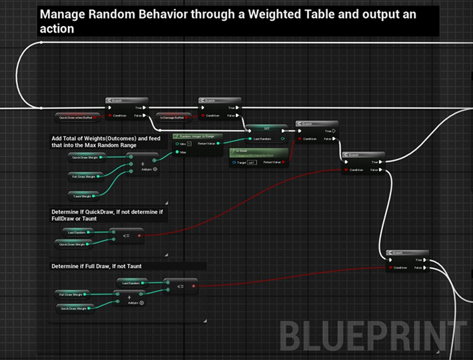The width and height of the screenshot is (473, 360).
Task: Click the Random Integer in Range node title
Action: click(195, 135)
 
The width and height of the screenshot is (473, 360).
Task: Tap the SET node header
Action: click(266, 127)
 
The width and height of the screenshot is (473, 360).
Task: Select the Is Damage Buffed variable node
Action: click(171, 117)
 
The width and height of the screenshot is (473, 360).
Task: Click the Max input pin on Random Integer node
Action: click(177, 152)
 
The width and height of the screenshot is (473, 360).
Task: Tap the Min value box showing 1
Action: click(189, 143)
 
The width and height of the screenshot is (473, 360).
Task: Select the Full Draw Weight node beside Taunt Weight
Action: click(84, 177)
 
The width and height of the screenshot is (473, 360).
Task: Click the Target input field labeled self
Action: click(252, 162)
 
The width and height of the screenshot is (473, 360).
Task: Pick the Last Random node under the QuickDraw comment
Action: click(79, 231)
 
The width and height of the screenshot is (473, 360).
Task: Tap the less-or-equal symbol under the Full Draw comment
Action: click(180, 286)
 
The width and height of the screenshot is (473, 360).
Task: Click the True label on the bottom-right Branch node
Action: click(418, 260)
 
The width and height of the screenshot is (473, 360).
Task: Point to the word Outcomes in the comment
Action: click(123, 138)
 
